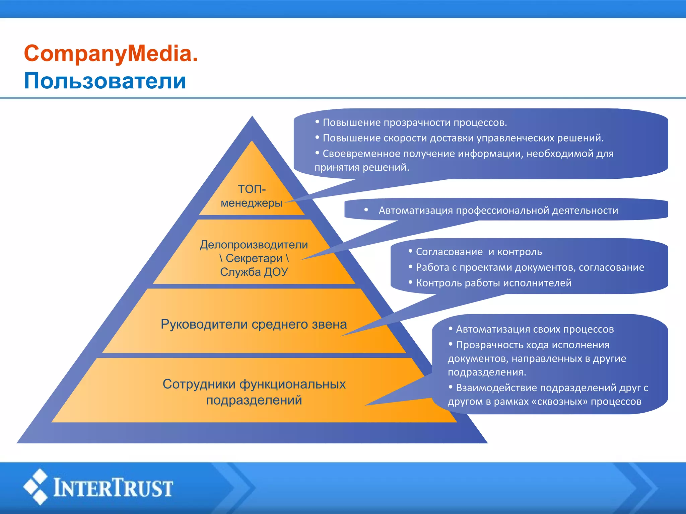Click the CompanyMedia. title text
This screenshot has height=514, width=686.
pyautogui.click(x=111, y=54)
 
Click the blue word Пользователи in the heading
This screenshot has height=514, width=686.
pyautogui.click(x=105, y=81)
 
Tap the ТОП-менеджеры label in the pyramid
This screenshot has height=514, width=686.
pyautogui.click(x=252, y=196)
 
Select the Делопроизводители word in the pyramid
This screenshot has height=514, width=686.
pyautogui.click(x=254, y=245)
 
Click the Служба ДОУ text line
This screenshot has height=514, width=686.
pyautogui.click(x=254, y=272)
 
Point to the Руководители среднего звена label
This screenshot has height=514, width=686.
pyautogui.click(x=254, y=324)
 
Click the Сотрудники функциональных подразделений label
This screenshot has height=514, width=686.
pyautogui.click(x=254, y=392)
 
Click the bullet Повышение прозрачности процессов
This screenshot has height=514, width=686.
pyautogui.click(x=415, y=122)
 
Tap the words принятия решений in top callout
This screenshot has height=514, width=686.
pyautogui.click(x=362, y=167)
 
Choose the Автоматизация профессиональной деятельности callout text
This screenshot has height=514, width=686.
pyautogui.click(x=498, y=210)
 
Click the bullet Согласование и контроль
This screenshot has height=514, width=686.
pyautogui.click(x=479, y=252)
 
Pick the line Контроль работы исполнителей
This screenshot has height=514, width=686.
pyautogui.click(x=493, y=283)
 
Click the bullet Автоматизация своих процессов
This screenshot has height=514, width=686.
pyautogui.click(x=535, y=329)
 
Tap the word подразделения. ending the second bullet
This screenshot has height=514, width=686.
pyautogui.click(x=487, y=372)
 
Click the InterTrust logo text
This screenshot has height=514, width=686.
pyautogui.click(x=113, y=488)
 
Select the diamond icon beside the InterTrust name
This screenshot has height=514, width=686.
pyautogui.click(x=36, y=487)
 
